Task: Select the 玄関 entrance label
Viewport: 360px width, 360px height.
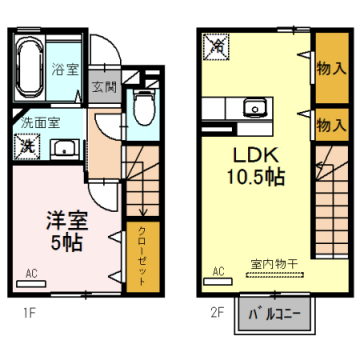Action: tap(103, 87)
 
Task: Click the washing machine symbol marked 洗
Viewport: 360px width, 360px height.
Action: tap(26, 147)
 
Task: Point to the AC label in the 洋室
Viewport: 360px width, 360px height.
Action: tap(30, 272)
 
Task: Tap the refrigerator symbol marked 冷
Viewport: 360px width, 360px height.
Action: tap(216, 45)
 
